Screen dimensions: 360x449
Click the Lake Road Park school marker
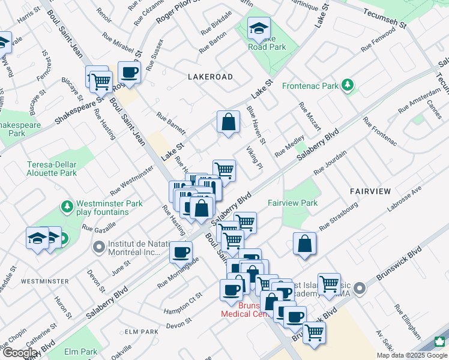click(259, 28)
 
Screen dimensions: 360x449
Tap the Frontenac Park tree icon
click(347, 86)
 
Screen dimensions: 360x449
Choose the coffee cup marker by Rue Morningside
click(181, 253)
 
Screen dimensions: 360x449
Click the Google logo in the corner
click(20, 353)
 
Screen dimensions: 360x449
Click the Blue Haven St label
click(257, 124)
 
